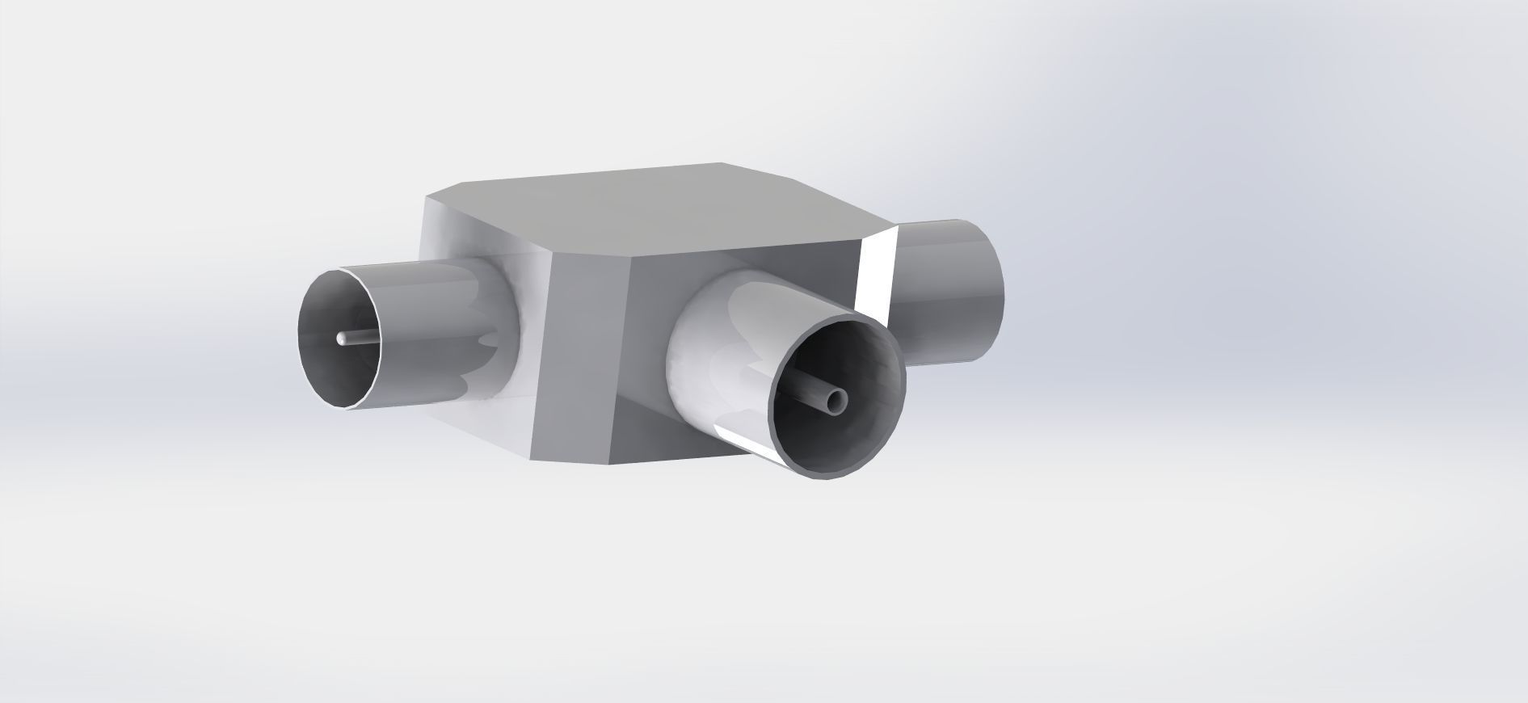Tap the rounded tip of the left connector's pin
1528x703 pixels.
(342, 338)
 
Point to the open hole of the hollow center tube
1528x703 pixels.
(837, 398)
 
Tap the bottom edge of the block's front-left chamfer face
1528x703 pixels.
(574, 463)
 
